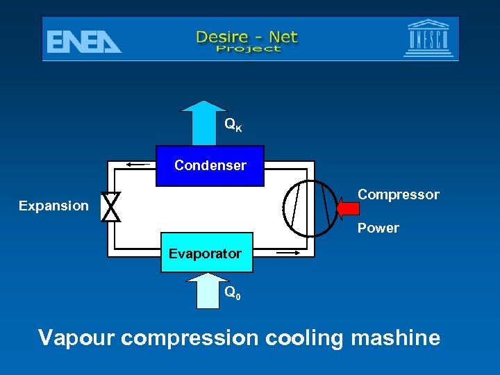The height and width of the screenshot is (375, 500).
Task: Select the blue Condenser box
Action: pos(210,166)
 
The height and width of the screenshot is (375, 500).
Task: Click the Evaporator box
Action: pos(206,253)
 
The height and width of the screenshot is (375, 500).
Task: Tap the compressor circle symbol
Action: pos(310,208)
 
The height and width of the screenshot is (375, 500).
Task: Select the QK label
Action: pos(233,125)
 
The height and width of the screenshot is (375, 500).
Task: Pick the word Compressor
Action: pos(398,195)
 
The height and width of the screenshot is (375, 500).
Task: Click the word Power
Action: pos(378,228)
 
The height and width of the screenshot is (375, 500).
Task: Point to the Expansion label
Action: pos(53,206)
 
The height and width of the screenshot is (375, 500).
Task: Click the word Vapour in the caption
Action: pos(76,338)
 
